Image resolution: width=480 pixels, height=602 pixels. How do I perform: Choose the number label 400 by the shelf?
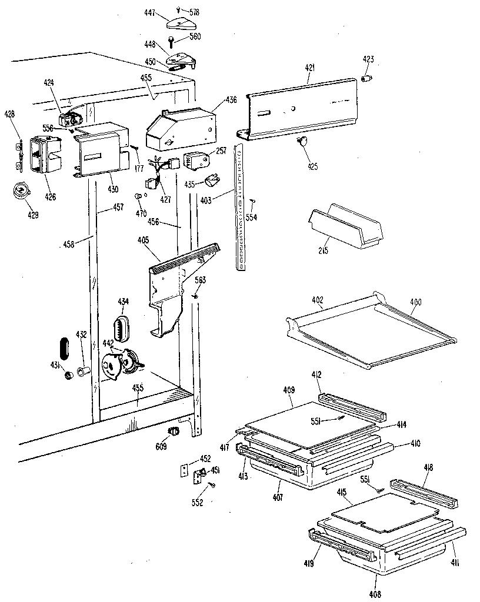pyautogui.click(x=415, y=302)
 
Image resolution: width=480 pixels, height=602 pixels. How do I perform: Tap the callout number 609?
pyautogui.click(x=160, y=446)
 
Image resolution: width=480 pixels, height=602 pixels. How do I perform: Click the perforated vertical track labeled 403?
pyautogui.click(x=240, y=206)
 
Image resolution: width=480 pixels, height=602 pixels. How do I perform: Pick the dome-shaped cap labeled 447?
pyautogui.click(x=178, y=24)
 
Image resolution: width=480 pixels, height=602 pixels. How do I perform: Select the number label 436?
pyautogui.click(x=231, y=100)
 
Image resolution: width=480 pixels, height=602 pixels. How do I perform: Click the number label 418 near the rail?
pyautogui.click(x=428, y=467)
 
